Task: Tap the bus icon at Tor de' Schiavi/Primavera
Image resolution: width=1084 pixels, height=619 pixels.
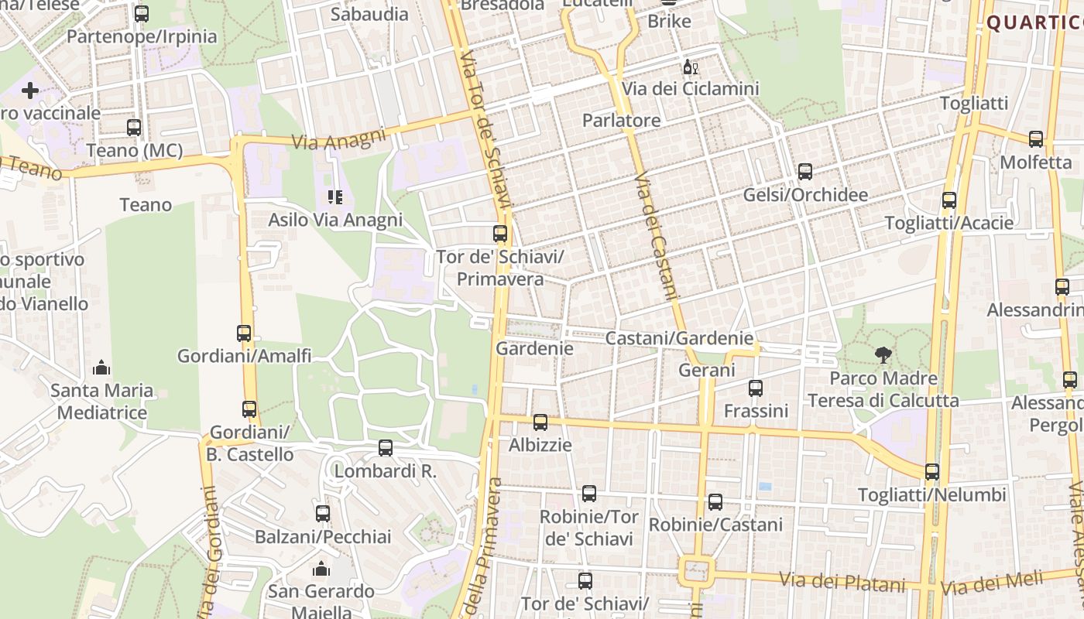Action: (x=500, y=233)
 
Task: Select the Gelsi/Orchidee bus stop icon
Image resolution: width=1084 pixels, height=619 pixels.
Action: (x=805, y=172)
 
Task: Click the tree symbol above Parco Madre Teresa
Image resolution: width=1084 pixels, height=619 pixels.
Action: (x=883, y=355)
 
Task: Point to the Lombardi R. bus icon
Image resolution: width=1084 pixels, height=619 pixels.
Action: (x=386, y=447)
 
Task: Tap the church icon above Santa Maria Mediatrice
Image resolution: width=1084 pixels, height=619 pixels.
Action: (x=101, y=368)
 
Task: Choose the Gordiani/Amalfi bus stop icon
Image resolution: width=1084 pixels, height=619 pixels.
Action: (x=244, y=333)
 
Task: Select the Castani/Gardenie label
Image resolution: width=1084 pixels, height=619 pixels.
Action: (x=679, y=338)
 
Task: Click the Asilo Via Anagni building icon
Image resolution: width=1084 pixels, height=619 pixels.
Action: (x=334, y=197)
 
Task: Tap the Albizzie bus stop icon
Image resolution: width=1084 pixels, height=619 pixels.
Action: (x=540, y=422)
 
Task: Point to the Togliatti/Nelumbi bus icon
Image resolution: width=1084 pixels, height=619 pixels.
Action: (x=932, y=472)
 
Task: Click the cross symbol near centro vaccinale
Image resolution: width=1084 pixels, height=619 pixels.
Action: (x=30, y=91)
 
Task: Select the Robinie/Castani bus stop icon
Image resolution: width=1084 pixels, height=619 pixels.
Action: (x=715, y=502)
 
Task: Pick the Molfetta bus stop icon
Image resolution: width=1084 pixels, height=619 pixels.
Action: (x=1036, y=139)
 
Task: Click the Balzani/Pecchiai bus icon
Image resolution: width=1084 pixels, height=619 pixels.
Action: (x=323, y=513)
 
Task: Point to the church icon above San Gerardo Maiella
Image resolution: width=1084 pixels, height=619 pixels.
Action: (x=321, y=570)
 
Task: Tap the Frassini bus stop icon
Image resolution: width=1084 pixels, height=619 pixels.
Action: (x=756, y=388)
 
